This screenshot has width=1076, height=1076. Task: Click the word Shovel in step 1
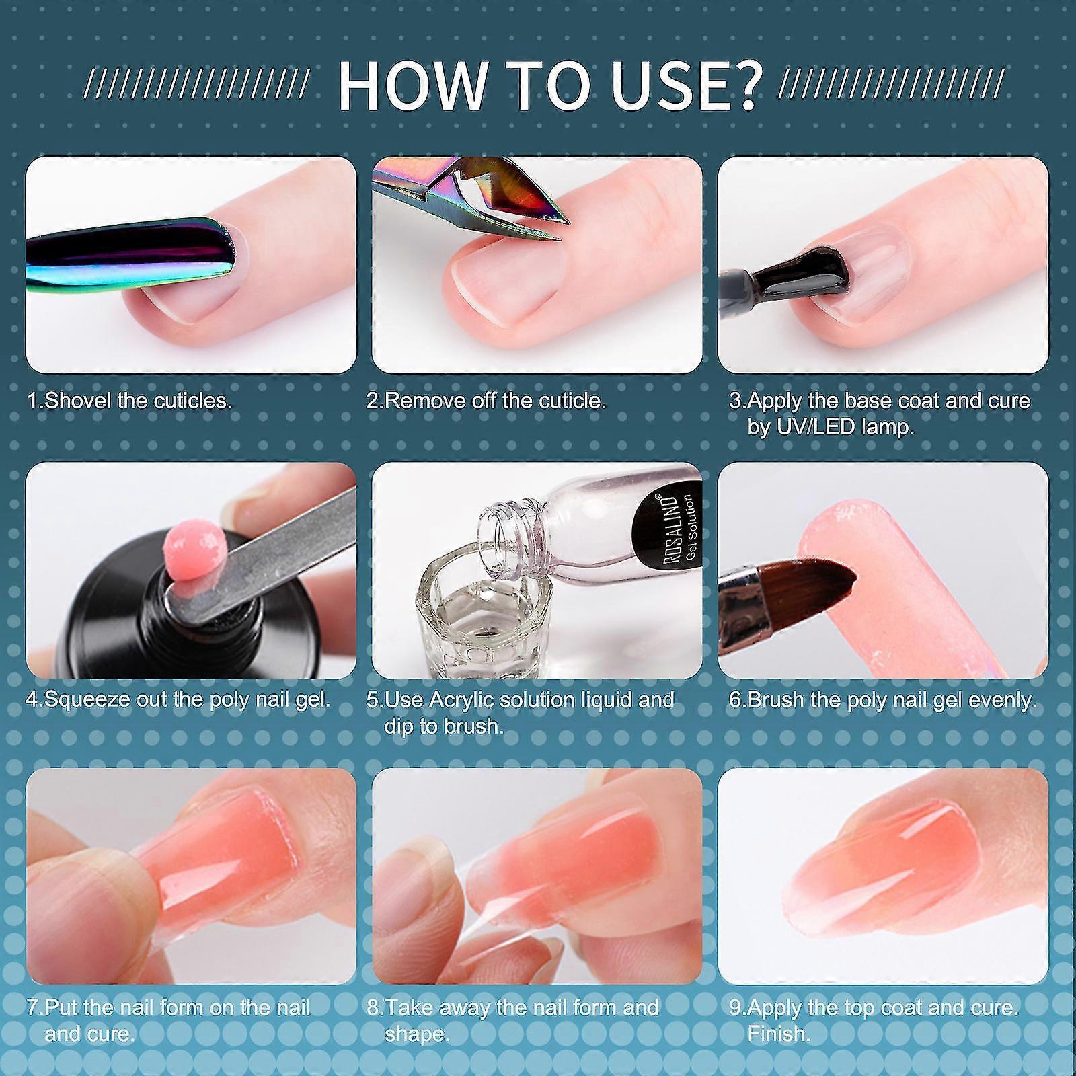pos(76,401)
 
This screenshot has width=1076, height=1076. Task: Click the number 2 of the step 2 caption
pos(373,401)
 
